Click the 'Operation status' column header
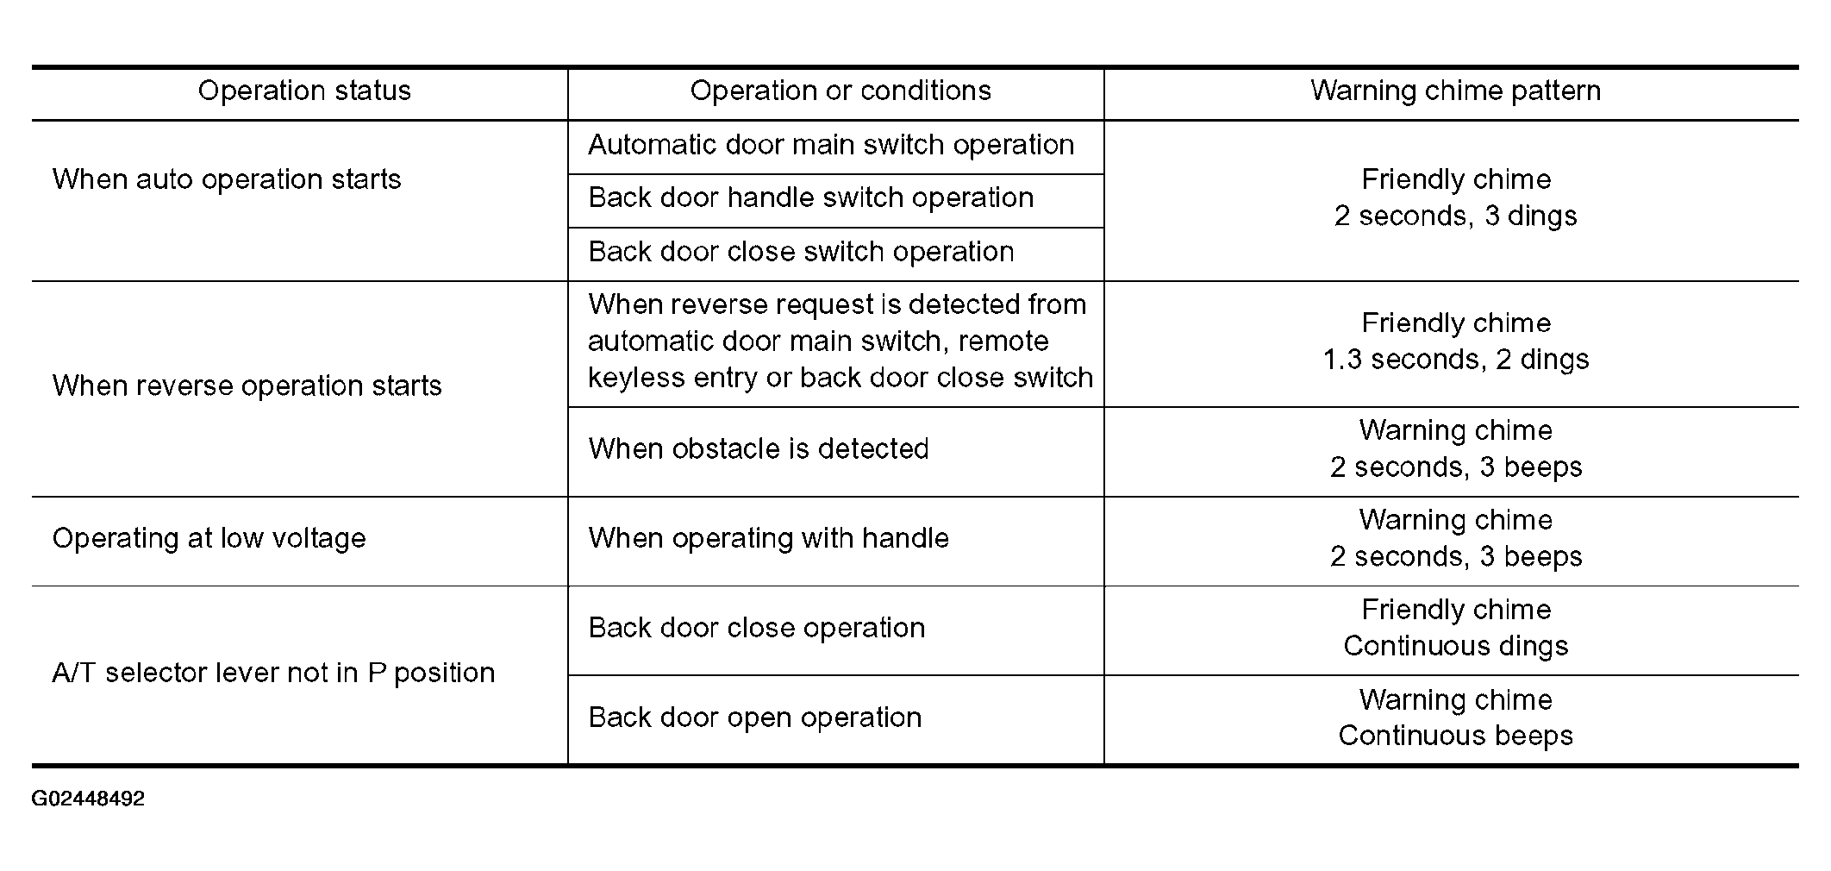[x=304, y=91]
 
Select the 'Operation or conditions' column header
[x=841, y=91]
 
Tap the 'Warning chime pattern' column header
[x=1455, y=91]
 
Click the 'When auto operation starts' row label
[x=227, y=179]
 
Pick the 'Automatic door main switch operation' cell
[x=831, y=145]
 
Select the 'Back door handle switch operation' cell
[x=810, y=198]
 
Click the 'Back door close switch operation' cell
[x=801, y=252]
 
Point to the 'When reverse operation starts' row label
[x=247, y=385]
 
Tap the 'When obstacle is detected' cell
[x=759, y=449]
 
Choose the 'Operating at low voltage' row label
[x=209, y=539]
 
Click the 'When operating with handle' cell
[x=768, y=539]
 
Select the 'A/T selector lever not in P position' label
[x=273, y=673]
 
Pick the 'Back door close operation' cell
[x=756, y=628]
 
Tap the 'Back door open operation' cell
[x=755, y=717]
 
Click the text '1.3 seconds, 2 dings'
[x=1456, y=360]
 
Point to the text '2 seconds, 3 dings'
[x=1456, y=216]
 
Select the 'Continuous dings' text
[x=1456, y=646]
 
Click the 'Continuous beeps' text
[x=1456, y=736]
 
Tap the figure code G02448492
[x=88, y=799]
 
